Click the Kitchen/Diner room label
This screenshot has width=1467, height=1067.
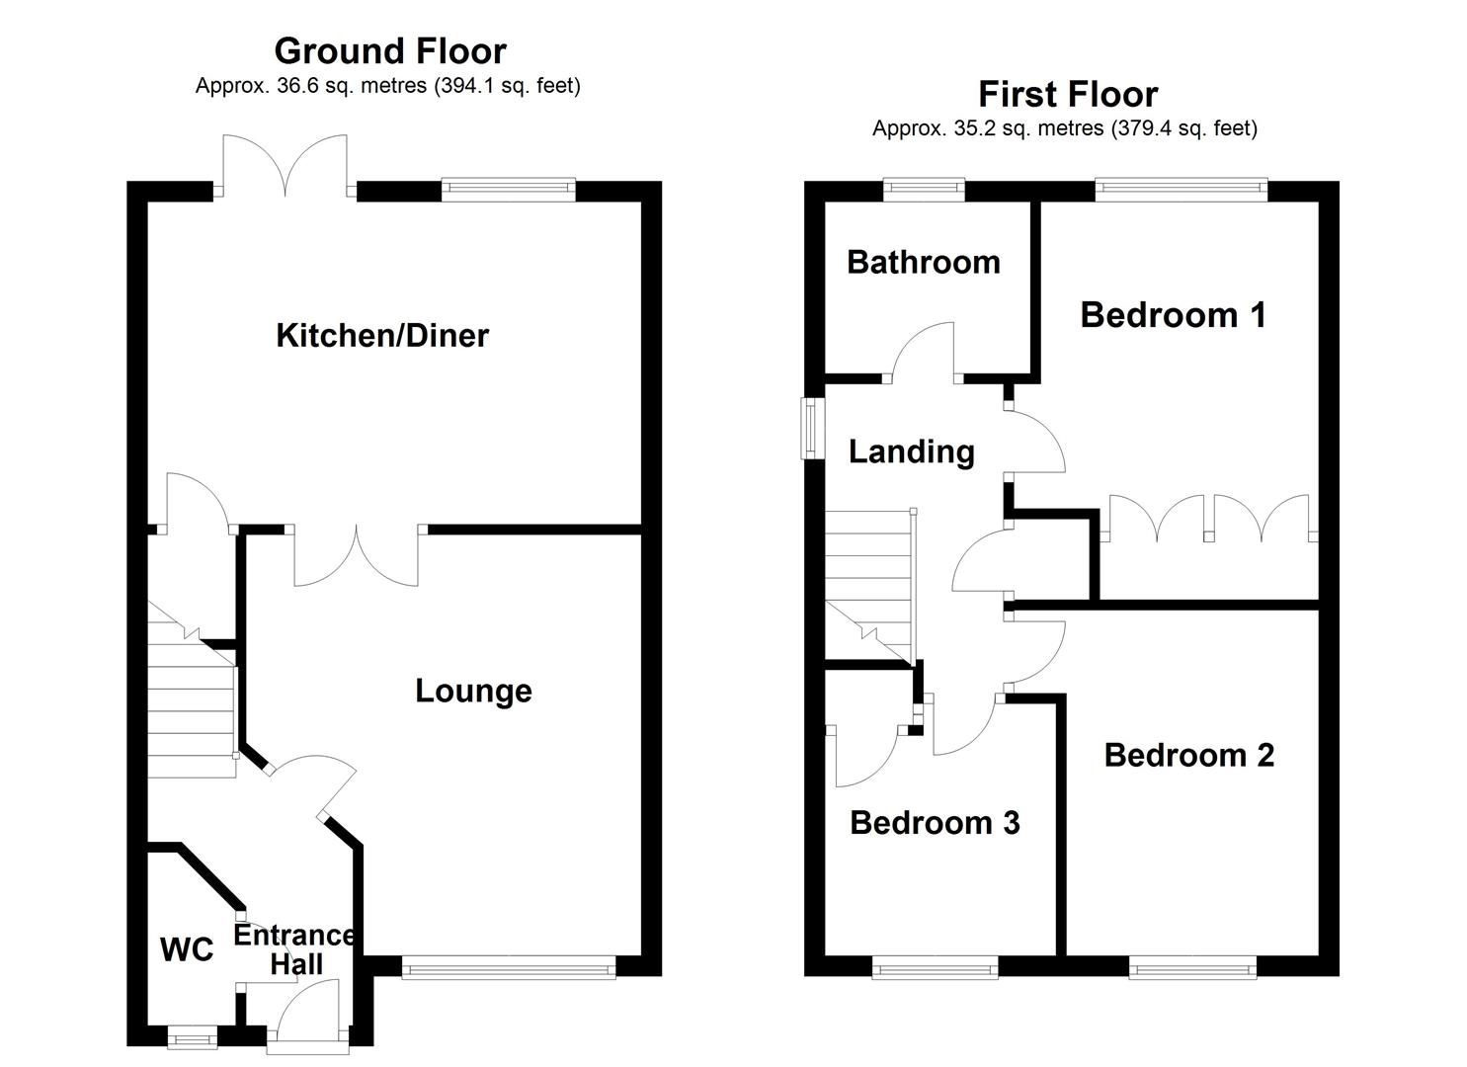tap(382, 336)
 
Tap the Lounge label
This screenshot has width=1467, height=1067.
tap(473, 691)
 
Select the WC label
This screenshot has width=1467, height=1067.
tap(187, 949)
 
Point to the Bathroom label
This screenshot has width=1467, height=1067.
tap(924, 263)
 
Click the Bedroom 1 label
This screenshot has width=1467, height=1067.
tap(1173, 315)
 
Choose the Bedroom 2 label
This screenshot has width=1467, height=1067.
tap(1189, 755)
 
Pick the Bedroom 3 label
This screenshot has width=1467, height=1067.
tap(935, 823)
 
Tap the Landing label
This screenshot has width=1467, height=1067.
tap(912, 452)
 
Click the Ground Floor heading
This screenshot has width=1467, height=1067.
tap(390, 51)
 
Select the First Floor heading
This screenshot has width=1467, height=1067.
tap(1068, 94)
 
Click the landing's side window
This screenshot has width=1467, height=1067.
tap(813, 429)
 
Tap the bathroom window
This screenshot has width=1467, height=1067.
tap(924, 190)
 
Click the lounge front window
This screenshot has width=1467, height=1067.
tap(509, 967)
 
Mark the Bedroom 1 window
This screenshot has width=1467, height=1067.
tap(1182, 190)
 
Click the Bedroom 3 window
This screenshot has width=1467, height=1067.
tap(935, 967)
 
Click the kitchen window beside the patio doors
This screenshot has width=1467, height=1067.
tap(508, 190)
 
